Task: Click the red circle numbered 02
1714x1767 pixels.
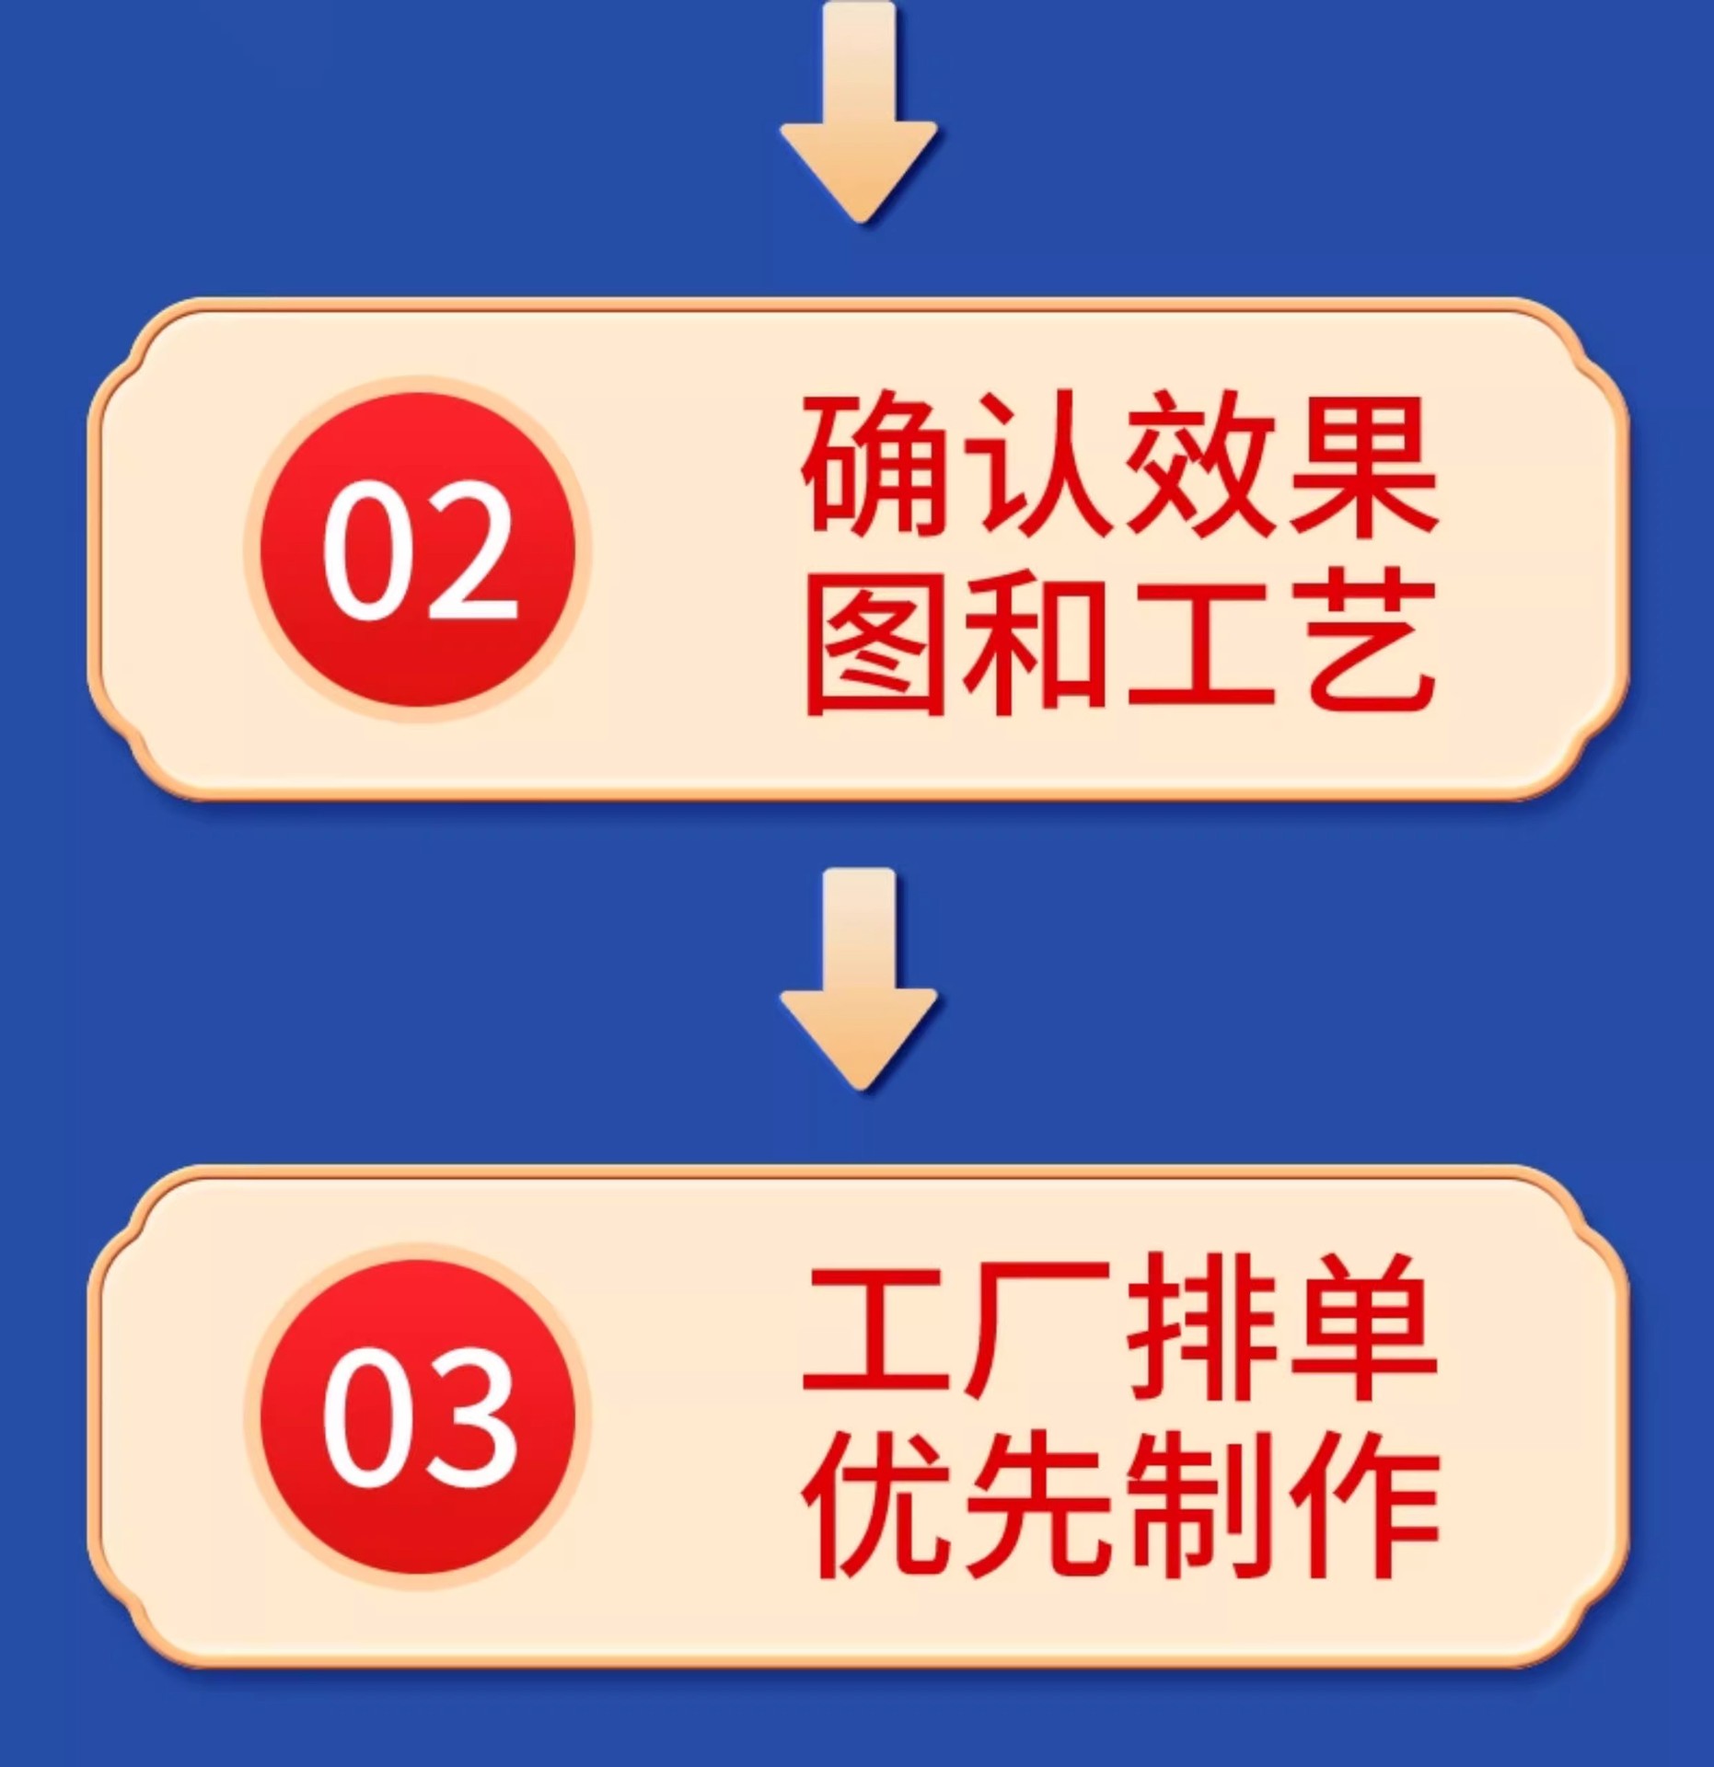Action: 418,549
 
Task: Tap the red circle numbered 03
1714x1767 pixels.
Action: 418,1417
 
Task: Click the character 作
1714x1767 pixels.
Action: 1362,1509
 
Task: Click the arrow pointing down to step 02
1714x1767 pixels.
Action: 859,120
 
